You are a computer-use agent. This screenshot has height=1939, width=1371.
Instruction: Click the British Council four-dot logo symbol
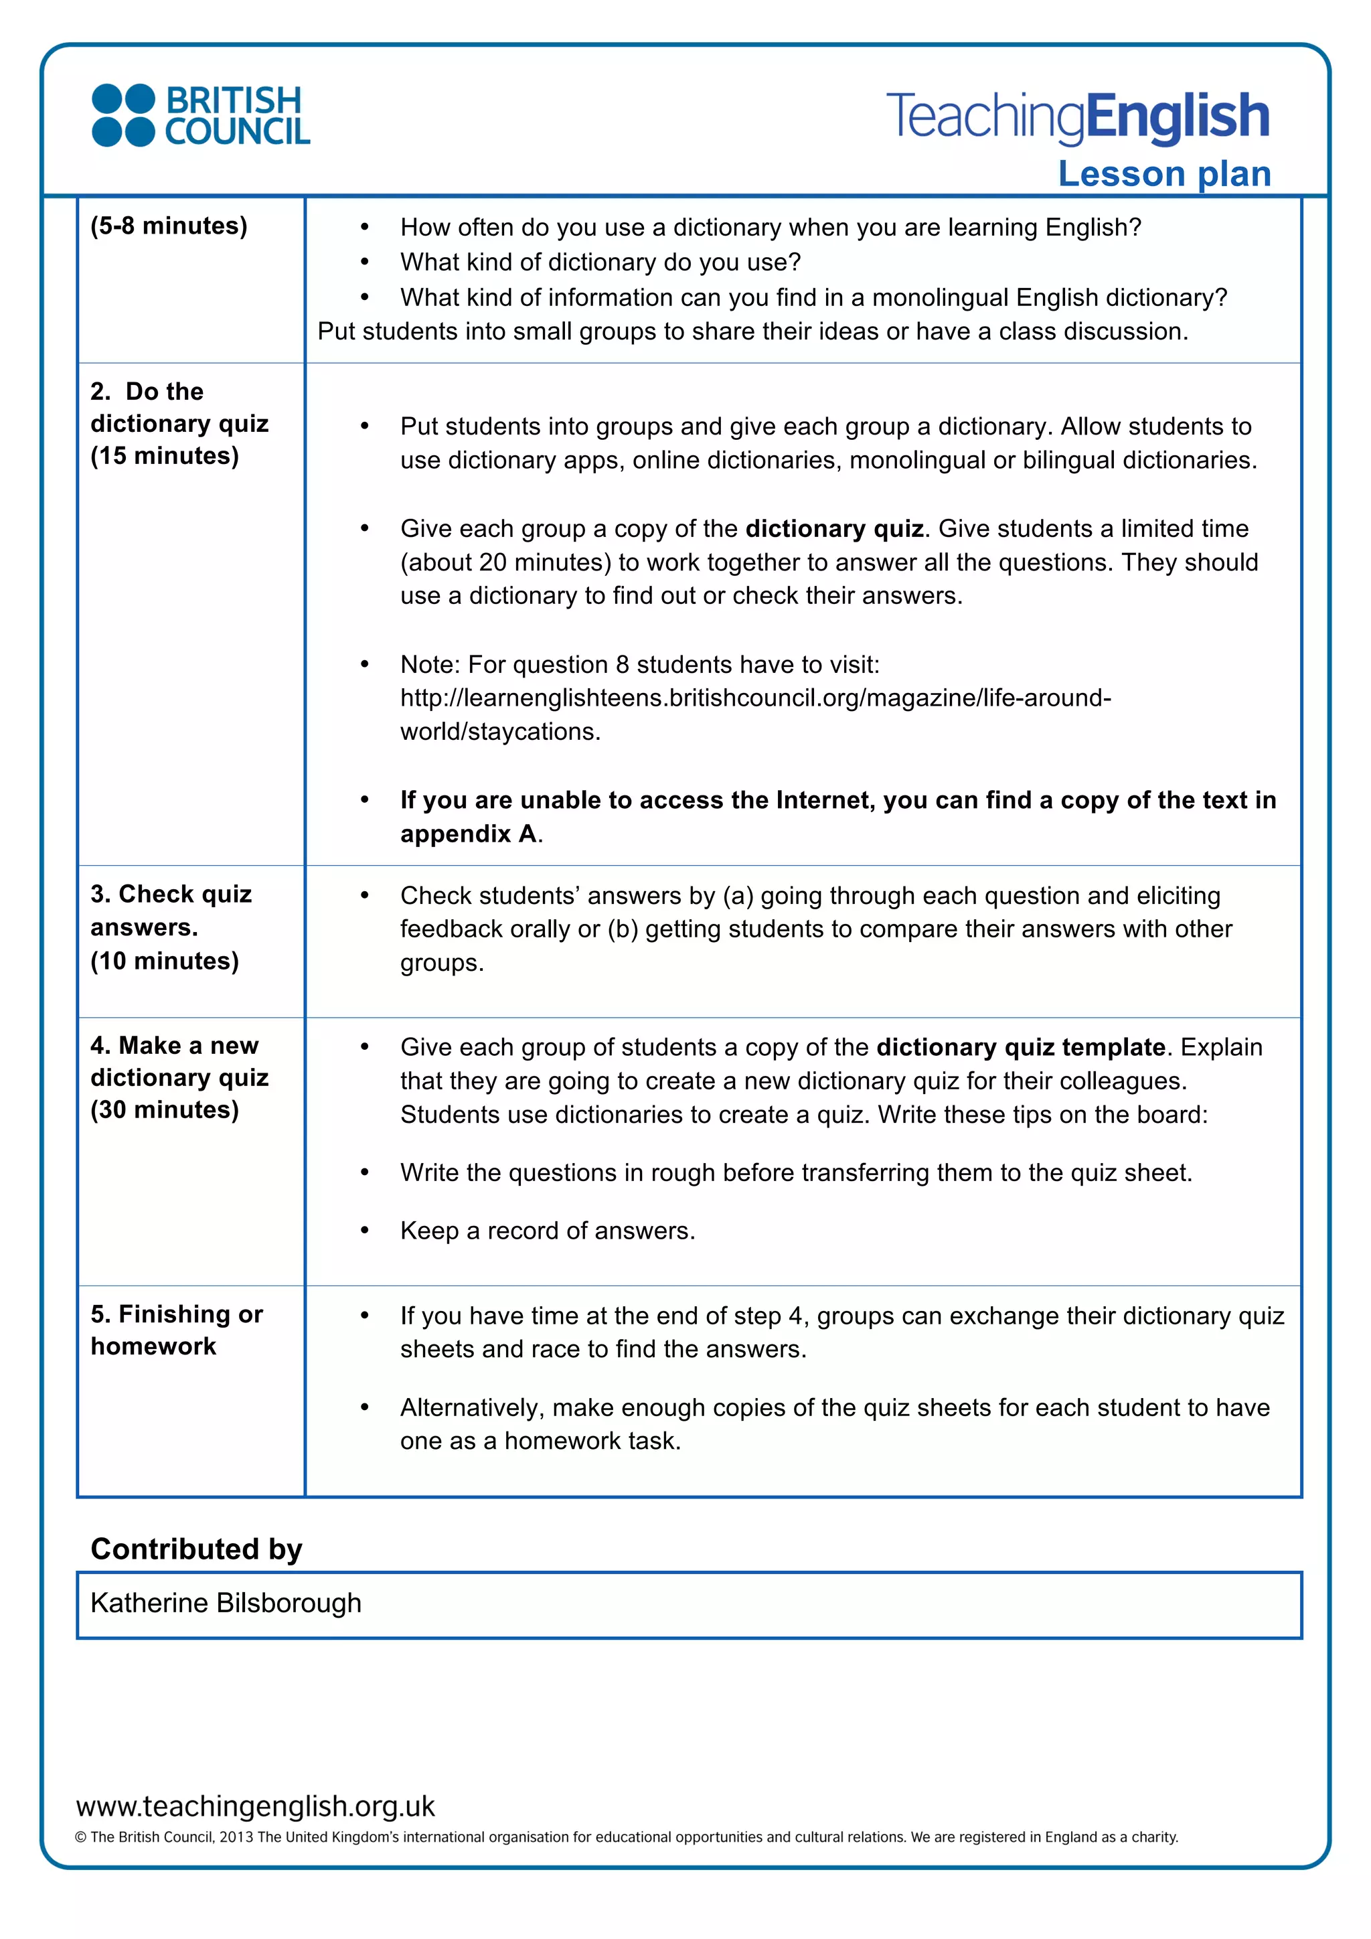123,116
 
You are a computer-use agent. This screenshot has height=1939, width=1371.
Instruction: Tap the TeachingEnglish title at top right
1077,117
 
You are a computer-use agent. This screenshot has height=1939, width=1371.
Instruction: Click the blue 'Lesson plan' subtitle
1164,174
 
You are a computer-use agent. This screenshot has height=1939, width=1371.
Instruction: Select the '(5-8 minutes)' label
169,226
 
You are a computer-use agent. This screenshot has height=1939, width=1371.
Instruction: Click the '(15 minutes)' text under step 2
165,456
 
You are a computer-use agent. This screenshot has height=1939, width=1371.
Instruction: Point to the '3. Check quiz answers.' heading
171,911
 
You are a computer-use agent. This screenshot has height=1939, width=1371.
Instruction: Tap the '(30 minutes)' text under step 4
165,1109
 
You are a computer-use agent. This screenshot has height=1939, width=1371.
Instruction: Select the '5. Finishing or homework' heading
177,1330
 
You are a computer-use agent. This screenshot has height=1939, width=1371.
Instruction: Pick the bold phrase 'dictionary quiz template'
1021,1047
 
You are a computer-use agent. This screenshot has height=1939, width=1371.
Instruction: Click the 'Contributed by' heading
196,1549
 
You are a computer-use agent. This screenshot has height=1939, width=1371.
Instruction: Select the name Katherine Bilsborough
226,1603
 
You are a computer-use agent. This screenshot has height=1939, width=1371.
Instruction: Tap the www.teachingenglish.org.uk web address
255,1806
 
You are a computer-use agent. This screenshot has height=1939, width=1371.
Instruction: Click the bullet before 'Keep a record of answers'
365,1231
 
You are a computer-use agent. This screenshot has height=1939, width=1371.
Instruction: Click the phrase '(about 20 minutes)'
505,562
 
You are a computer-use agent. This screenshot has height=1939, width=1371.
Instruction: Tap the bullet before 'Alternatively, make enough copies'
365,1408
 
